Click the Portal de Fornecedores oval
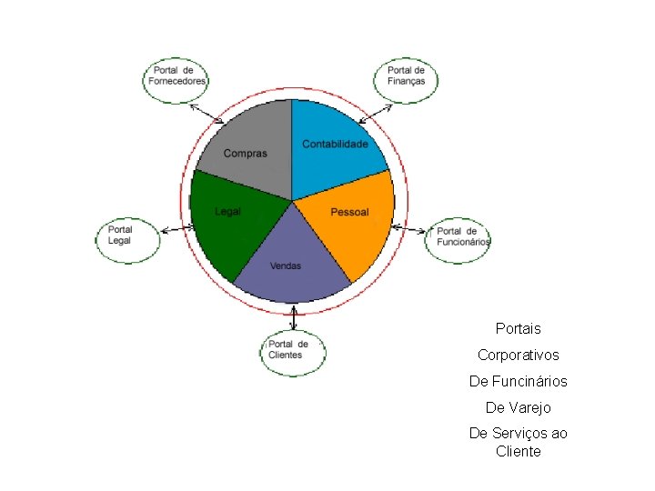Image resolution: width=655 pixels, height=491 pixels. point(177,80)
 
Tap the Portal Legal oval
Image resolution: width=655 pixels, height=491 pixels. point(127,236)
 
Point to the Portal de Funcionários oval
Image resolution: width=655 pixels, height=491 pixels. point(458,238)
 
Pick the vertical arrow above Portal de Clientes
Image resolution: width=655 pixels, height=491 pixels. point(293,317)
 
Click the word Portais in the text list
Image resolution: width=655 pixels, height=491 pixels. point(518,328)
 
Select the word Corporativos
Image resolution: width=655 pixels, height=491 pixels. point(518,355)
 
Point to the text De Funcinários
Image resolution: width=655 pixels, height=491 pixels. point(518,381)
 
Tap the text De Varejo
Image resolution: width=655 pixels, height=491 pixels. point(518,407)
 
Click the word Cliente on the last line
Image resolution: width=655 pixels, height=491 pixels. point(518,451)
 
